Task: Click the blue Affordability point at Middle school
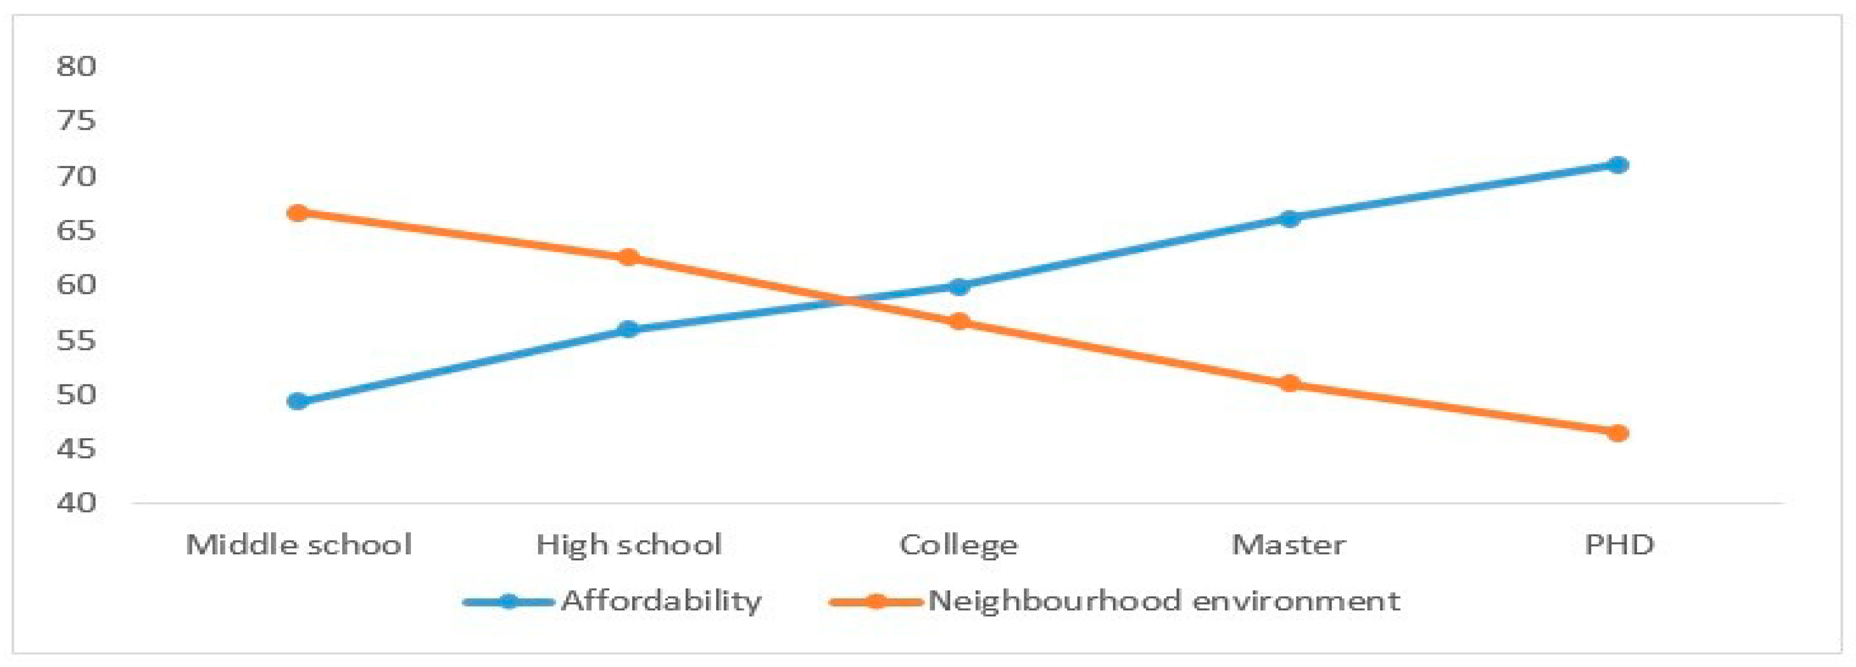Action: tap(298, 401)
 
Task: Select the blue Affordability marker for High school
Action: tap(628, 329)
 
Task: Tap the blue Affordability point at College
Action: tap(958, 287)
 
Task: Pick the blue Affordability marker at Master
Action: tap(1289, 218)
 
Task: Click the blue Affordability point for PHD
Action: tap(1618, 165)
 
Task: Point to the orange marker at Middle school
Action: tap(298, 212)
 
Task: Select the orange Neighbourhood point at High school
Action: tap(628, 257)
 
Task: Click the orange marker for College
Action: tap(958, 321)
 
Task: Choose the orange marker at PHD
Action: tap(1618, 433)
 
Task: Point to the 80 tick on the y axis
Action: tap(76, 66)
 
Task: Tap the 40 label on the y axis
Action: tap(76, 502)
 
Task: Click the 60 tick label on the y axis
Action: tap(76, 284)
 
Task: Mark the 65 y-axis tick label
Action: tap(76, 230)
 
